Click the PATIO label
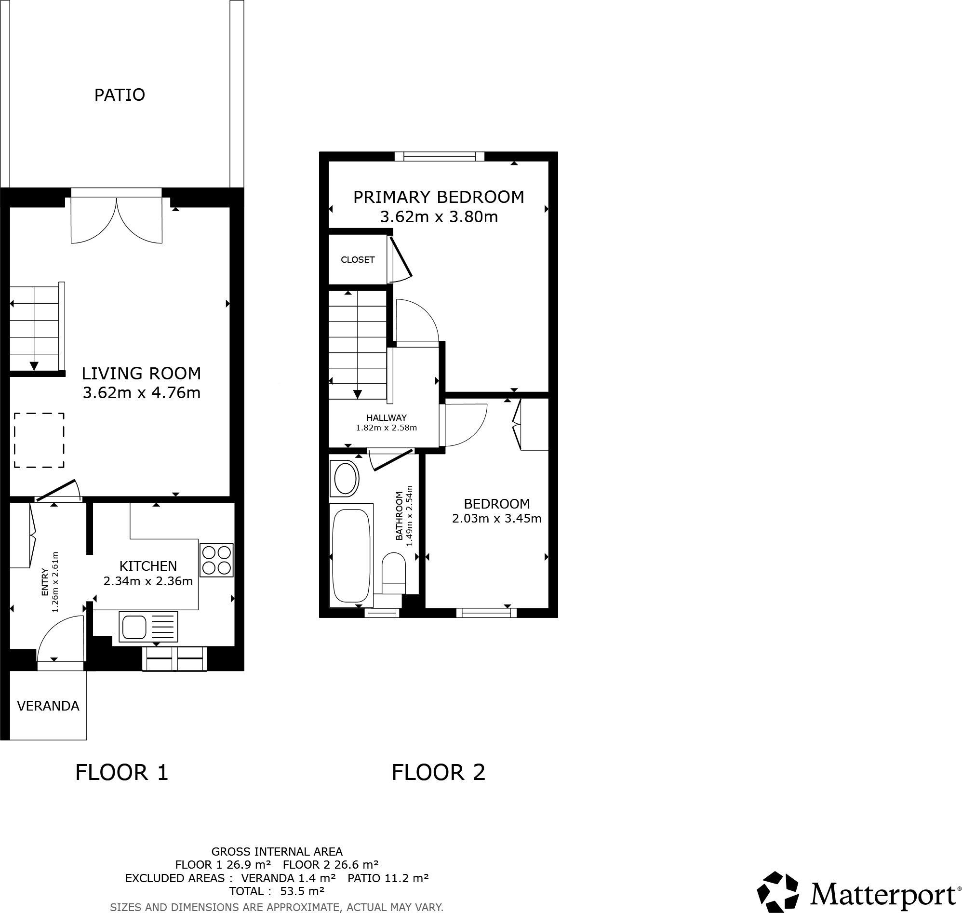pyautogui.click(x=120, y=95)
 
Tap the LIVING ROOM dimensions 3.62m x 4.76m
pyautogui.click(x=142, y=393)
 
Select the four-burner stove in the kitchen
pyautogui.click(x=216, y=560)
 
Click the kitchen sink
pyautogui.click(x=148, y=627)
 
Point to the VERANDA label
pyautogui.click(x=48, y=706)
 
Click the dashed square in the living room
pyautogui.click(x=39, y=441)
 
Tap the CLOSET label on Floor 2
pyautogui.click(x=358, y=260)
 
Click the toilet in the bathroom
pyautogui.click(x=394, y=573)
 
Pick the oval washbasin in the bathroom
pyautogui.click(x=345, y=479)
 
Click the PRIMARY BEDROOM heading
pyautogui.click(x=439, y=197)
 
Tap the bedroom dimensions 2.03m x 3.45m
pyautogui.click(x=496, y=519)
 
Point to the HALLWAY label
pyautogui.click(x=387, y=417)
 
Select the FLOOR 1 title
pyautogui.click(x=121, y=772)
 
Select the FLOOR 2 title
pyautogui.click(x=439, y=772)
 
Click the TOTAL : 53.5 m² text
pyautogui.click(x=276, y=891)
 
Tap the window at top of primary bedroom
pyautogui.click(x=440, y=157)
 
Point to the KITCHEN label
pyautogui.click(x=148, y=566)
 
